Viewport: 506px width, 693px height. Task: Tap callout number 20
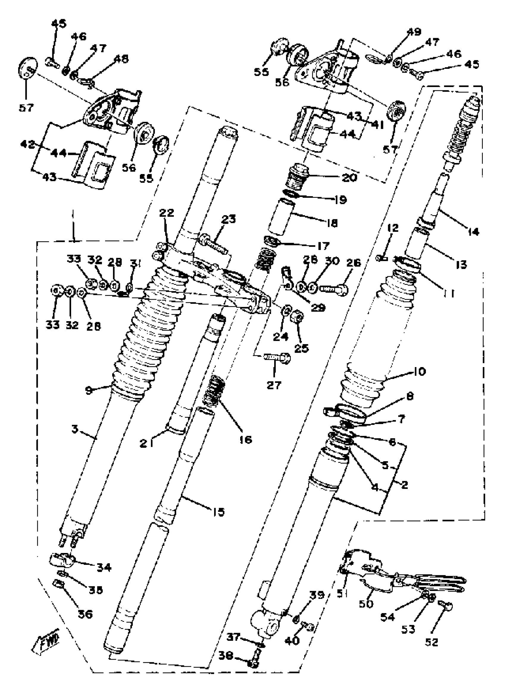(349, 178)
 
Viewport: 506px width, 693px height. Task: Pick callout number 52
(432, 642)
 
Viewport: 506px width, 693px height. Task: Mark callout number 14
(473, 232)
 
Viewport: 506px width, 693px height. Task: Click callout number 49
(414, 32)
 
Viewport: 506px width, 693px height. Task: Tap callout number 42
(28, 145)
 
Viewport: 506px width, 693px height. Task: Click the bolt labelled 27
(277, 357)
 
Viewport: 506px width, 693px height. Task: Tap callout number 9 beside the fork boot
(89, 391)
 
